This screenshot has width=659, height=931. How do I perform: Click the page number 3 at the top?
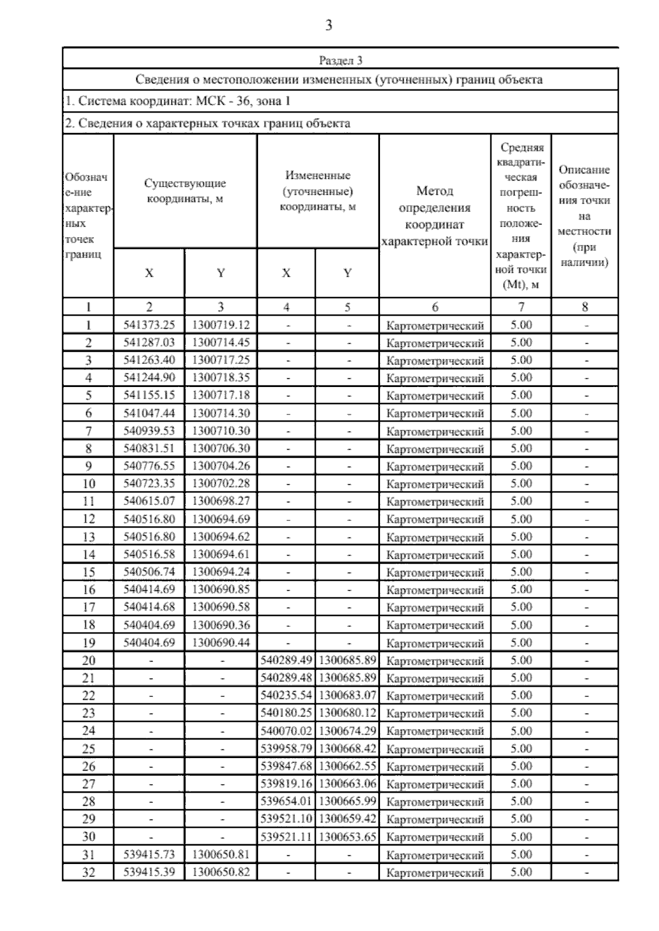point(328,25)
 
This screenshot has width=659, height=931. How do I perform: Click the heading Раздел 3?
point(340,60)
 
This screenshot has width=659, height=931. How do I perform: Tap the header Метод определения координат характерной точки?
point(434,216)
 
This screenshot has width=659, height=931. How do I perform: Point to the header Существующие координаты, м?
point(185,191)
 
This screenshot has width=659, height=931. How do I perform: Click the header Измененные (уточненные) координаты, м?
point(318,191)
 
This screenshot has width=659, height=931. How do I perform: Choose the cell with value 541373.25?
point(149,325)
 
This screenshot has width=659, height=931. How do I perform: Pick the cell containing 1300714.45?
point(221,343)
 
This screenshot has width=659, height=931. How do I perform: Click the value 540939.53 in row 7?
point(149,431)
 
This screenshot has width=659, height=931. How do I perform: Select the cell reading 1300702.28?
point(221,484)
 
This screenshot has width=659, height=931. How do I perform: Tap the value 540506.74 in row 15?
point(149,572)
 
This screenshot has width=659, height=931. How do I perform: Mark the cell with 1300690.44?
point(221,642)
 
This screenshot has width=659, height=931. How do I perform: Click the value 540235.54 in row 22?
point(286,696)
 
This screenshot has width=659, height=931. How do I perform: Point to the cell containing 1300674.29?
point(348,731)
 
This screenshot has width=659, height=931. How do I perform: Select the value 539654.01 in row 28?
point(286,801)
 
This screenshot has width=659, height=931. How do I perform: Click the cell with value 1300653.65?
point(348,837)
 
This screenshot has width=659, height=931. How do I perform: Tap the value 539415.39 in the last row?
point(149,872)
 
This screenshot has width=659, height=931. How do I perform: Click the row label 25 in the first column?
point(88,749)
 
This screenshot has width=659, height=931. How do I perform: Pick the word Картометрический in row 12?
point(435,519)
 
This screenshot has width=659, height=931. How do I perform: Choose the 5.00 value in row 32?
point(521,872)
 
